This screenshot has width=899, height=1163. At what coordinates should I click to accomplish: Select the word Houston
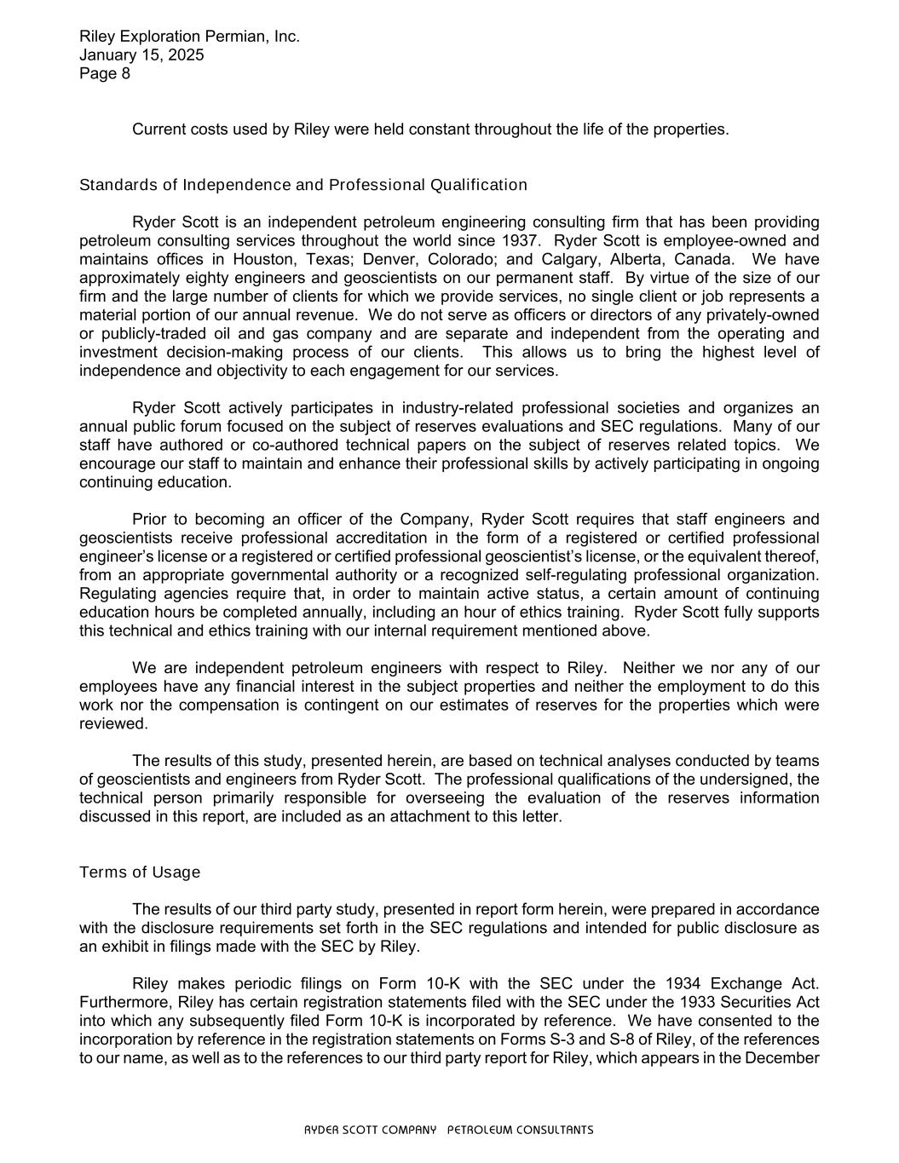pos(261,259)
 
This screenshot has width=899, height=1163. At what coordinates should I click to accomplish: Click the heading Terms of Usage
pos(140,872)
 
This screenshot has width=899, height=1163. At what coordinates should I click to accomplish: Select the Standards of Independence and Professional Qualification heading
pos(303,185)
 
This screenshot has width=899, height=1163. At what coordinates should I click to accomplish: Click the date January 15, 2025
pos(141,55)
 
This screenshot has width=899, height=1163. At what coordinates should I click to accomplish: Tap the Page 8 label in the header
pos(105,73)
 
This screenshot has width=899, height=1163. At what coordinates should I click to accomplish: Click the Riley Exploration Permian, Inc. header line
pos(189,37)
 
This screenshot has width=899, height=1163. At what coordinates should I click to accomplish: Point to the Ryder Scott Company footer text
pos(449,1131)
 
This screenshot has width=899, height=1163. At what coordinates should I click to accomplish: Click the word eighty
pos(191,278)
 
